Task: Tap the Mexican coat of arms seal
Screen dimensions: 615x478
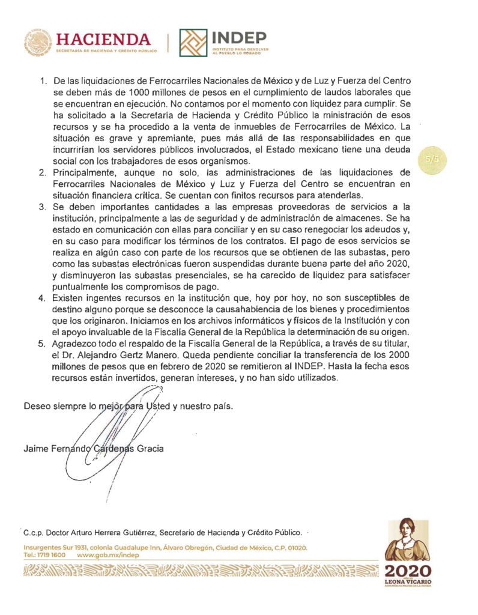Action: click(38, 43)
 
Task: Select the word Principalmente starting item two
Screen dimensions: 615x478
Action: click(85, 173)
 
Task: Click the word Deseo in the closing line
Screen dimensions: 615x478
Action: click(35, 406)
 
